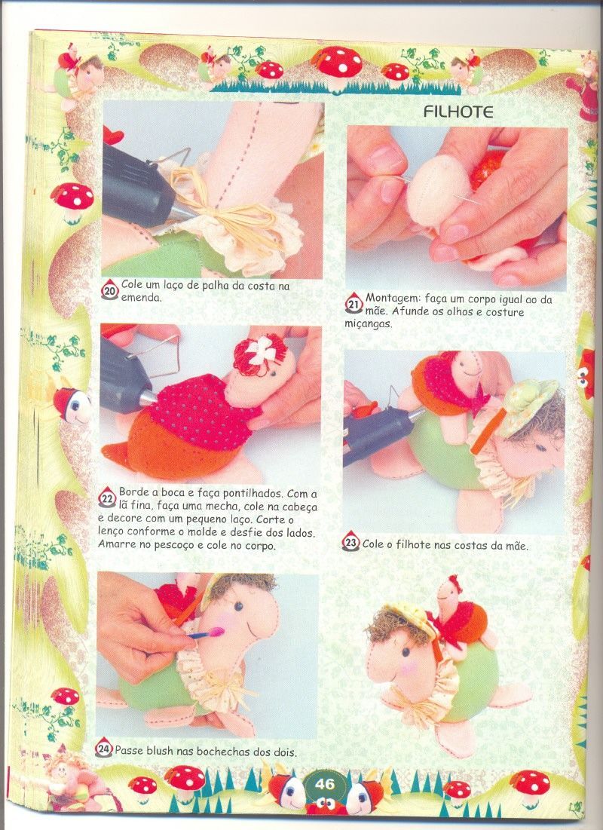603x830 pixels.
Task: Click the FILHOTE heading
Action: pos(458,112)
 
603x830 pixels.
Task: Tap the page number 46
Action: pos(325,784)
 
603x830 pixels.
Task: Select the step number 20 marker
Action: pos(110,290)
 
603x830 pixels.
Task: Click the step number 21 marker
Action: pos(354,304)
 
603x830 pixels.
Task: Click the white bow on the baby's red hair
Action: pos(261,350)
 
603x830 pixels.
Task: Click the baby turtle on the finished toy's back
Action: pos(458,615)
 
